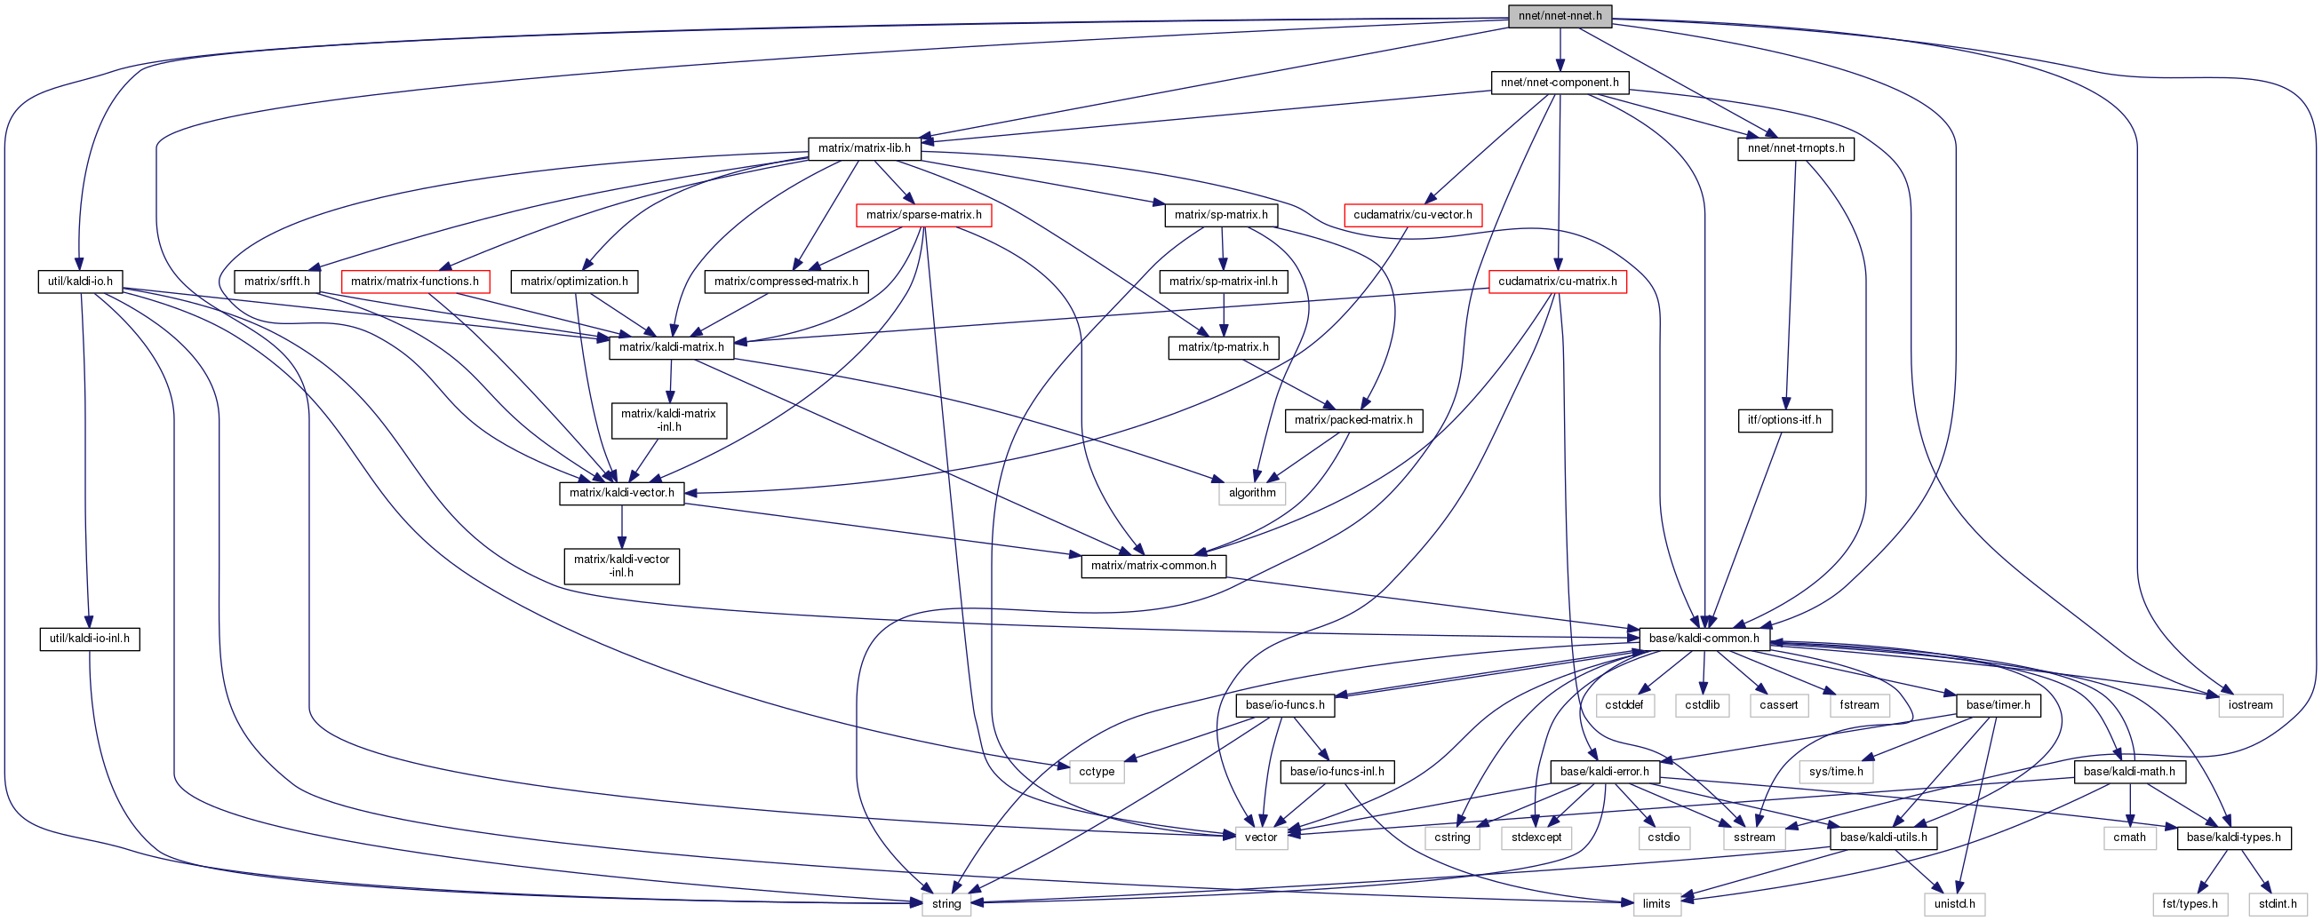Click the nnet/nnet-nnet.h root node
tap(1560, 16)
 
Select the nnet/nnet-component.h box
tap(1560, 83)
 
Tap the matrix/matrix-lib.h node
tap(864, 148)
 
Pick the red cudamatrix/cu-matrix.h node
tap(1557, 282)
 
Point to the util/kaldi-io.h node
tap(80, 282)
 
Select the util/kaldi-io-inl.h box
tap(89, 639)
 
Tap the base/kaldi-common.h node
tap(1704, 639)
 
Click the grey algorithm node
tap(1252, 493)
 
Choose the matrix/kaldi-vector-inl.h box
tap(621, 566)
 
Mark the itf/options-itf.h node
tap(1783, 420)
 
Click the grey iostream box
tap(2250, 704)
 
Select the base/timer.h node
tap(1998, 704)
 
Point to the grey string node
tap(946, 904)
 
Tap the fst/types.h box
tap(2190, 904)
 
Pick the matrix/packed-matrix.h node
tap(1353, 420)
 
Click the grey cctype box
tap(1096, 772)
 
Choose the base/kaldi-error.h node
tap(1605, 772)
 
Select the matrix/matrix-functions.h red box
tap(415, 282)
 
